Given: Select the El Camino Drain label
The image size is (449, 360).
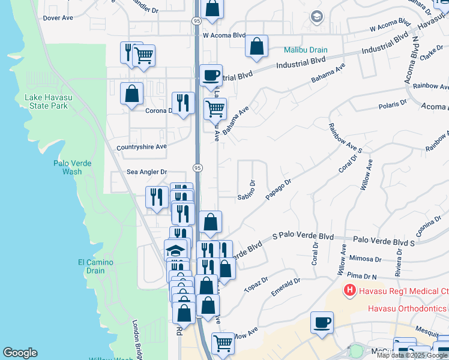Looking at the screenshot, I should tap(91, 266).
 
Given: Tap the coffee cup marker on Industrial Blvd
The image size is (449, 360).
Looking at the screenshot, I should tap(210, 76).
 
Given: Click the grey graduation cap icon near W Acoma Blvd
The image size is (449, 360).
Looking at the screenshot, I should tap(316, 17).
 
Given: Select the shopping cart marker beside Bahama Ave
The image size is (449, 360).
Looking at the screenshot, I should tap(215, 109).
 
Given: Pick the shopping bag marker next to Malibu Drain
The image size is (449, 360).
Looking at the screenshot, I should tap(256, 46).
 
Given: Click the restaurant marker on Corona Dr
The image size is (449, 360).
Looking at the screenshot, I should tap(183, 103).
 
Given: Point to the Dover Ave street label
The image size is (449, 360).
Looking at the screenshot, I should tap(58, 18).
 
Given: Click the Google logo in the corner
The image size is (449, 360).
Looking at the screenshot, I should tap(20, 353).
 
